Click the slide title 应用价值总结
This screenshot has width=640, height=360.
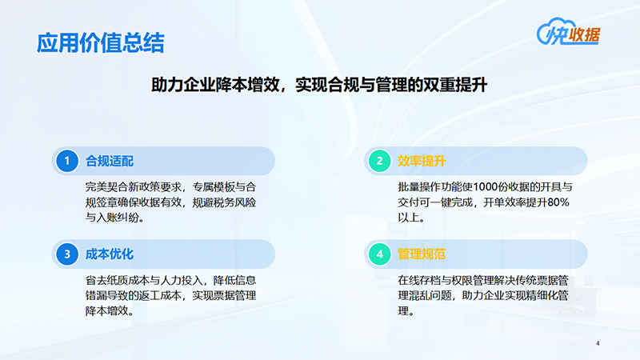click(x=100, y=42)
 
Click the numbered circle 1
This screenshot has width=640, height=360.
click(x=67, y=161)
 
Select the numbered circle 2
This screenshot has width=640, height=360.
click(x=380, y=161)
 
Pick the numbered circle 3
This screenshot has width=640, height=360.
click(x=67, y=254)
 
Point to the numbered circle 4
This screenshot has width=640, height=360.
click(x=380, y=254)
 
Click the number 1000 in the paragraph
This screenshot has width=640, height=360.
click(x=501, y=187)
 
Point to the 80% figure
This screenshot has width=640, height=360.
click(x=555, y=202)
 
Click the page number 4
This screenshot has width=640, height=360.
click(x=598, y=343)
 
